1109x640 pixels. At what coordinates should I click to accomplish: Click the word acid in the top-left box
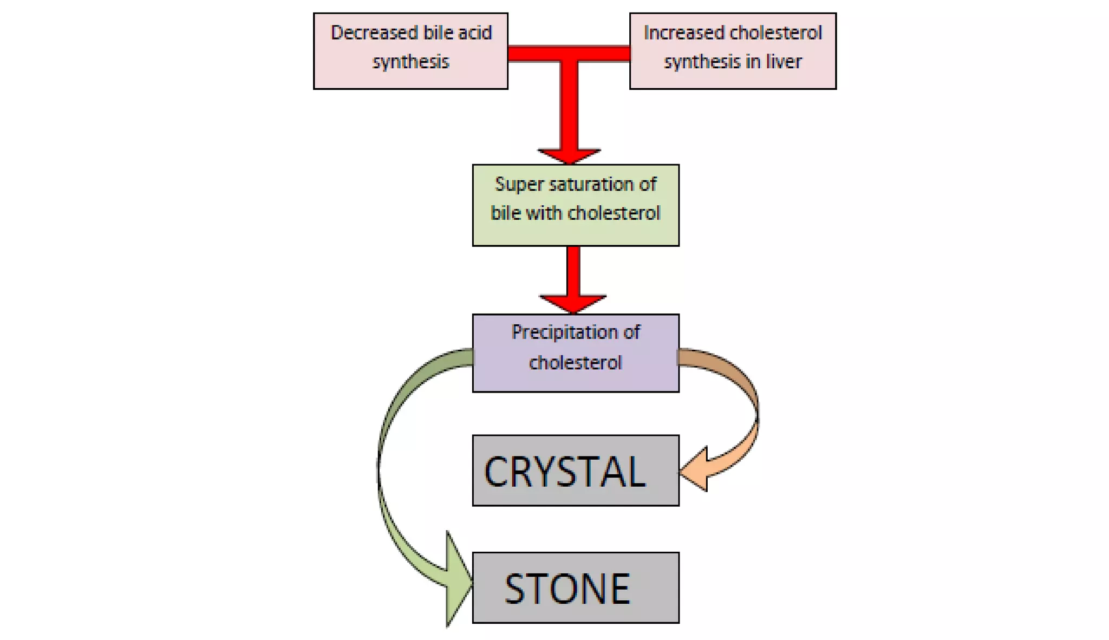pos(474,33)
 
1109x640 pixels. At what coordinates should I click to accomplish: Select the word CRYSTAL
pos(564,472)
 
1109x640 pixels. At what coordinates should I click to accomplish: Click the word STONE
pos(567,589)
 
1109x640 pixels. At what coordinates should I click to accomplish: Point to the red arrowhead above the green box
pos(569,155)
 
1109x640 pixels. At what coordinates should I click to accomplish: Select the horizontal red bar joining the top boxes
pos(569,54)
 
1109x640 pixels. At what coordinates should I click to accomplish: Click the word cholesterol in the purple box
pos(575,362)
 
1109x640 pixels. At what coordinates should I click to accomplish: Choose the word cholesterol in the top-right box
pos(768,33)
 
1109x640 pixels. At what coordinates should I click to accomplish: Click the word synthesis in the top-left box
pos(410,62)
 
